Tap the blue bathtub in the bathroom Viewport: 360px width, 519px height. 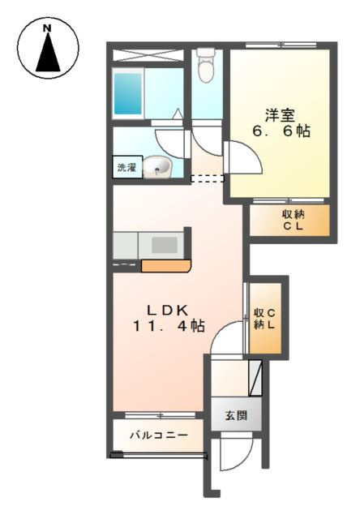point(129,92)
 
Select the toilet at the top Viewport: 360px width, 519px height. point(206,66)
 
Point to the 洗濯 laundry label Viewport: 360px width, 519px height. point(126,169)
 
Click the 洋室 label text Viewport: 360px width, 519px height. point(277,114)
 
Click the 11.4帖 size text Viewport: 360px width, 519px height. point(168,326)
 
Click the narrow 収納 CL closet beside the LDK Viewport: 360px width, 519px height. point(264,318)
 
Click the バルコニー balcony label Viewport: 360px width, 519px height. point(159,435)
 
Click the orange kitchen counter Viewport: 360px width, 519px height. point(165,265)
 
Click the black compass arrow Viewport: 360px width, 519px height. point(47,55)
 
